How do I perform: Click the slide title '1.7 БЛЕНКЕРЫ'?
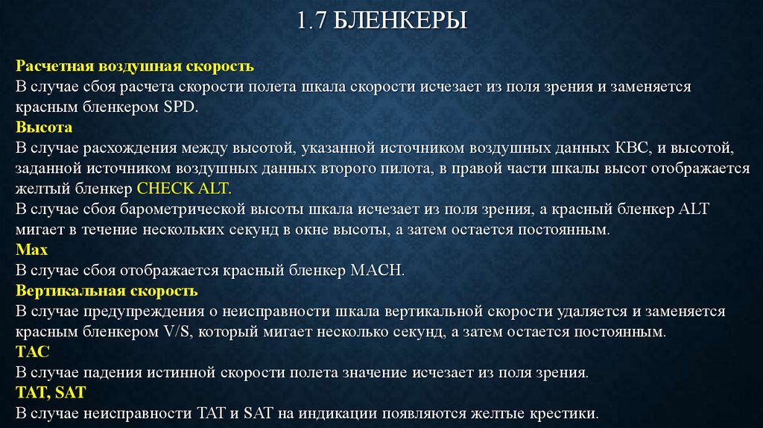(381, 21)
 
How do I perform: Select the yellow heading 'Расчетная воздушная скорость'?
(136, 66)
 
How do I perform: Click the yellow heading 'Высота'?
(45, 128)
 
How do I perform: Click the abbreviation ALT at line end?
(694, 210)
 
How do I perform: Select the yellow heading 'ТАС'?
(32, 351)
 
